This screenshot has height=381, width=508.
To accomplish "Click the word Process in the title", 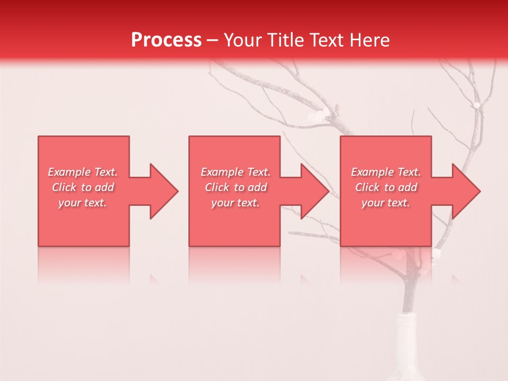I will (x=166, y=40).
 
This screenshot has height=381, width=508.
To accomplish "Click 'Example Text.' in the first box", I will (x=83, y=172).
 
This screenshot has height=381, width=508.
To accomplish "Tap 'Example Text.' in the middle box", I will (x=235, y=172).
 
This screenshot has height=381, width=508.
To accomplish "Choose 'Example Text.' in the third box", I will (x=386, y=172).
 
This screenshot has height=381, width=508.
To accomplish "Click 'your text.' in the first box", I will (x=83, y=203).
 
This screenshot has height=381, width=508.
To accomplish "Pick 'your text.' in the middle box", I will (x=235, y=203).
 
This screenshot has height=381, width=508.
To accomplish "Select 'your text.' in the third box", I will (x=386, y=203).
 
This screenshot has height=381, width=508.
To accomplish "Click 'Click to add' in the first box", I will (x=83, y=187).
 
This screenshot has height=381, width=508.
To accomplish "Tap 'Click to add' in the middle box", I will (x=235, y=187).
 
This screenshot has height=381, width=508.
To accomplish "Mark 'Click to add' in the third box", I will (x=386, y=187).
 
